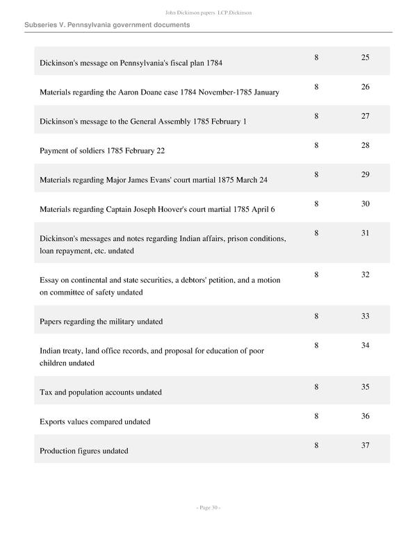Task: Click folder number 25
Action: [365, 57]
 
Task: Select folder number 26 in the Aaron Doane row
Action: [365, 87]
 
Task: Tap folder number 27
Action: [365, 116]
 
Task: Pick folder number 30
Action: [365, 204]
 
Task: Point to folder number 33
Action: [365, 316]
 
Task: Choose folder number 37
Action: [365, 445]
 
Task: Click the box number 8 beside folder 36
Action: [316, 416]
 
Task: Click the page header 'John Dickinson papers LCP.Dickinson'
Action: [208, 13]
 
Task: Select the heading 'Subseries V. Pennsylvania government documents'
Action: [107, 25]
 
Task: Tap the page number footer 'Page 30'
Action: [208, 508]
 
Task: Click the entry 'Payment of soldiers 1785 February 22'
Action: [102, 151]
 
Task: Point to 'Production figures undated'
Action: [84, 451]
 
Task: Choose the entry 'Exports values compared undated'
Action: [95, 422]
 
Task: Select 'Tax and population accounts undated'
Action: [101, 392]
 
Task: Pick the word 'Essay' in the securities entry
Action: [50, 280]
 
